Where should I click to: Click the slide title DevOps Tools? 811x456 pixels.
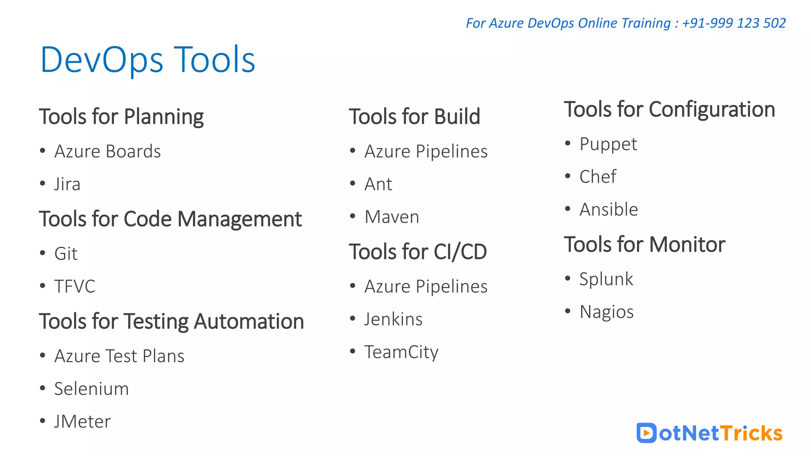coord(148,60)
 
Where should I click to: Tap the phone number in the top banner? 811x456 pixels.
coord(734,23)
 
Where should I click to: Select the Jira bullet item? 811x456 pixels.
coord(67,184)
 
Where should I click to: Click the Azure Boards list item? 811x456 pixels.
coord(107,151)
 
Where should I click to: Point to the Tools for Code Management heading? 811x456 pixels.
coord(170,219)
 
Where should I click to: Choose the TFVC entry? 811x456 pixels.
coord(75,286)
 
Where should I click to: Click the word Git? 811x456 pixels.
coord(66,254)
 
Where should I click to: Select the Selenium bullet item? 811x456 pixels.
coord(91,389)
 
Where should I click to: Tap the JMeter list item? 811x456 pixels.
coord(82,422)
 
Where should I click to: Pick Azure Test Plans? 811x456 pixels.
coord(119,356)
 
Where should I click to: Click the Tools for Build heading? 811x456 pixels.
coord(414,117)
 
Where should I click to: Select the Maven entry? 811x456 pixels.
coord(392,217)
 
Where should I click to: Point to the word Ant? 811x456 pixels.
coord(378,184)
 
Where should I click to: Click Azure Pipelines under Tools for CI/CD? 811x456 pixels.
coord(426,286)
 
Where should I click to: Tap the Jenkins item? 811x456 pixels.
coord(393,319)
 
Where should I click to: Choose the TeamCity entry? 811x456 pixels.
coord(401,352)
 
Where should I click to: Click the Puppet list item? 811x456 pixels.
coord(608,144)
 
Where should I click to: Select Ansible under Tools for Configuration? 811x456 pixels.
coord(609,209)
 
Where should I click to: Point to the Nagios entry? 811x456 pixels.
coord(606,312)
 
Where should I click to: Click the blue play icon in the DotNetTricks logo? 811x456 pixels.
coord(646,433)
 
